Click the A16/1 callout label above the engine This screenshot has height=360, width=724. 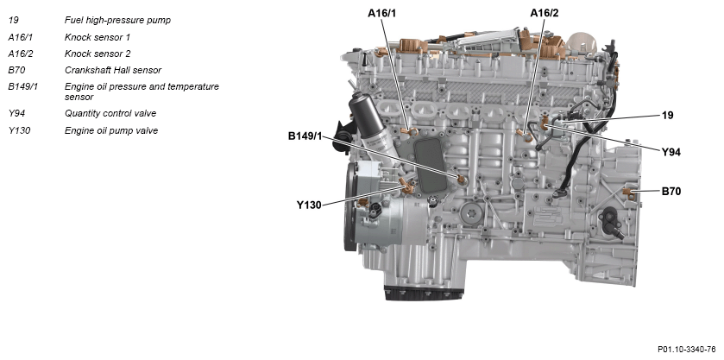381,13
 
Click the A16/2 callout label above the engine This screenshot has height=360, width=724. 544,13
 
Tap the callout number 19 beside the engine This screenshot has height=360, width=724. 668,115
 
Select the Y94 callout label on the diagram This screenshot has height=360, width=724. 670,152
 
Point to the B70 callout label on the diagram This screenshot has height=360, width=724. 670,191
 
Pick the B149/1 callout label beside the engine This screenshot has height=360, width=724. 305,136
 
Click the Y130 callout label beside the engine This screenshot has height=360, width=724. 308,205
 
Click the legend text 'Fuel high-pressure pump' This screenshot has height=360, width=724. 117,21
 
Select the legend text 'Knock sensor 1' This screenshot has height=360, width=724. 98,37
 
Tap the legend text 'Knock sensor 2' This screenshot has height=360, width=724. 98,54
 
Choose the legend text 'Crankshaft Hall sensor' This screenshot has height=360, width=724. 113,70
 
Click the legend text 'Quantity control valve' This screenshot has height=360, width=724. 110,113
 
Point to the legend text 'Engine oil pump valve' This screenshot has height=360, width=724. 111,130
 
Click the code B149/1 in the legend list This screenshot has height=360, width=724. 22,87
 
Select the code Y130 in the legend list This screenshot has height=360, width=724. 19,130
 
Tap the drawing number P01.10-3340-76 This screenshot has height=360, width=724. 687,349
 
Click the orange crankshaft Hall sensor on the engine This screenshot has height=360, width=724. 628,193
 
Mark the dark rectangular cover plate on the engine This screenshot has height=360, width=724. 429,165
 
